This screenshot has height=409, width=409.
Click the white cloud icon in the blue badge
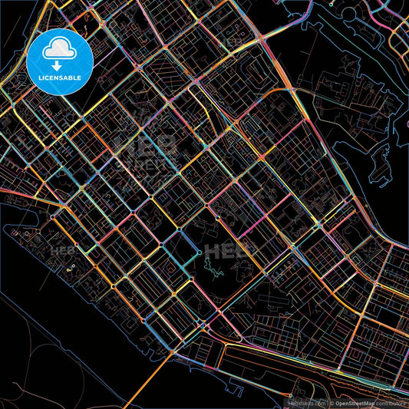tap(60, 48)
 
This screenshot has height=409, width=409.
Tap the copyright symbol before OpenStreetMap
tap(331, 403)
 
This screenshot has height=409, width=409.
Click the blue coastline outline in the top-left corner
tap(12, 31)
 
